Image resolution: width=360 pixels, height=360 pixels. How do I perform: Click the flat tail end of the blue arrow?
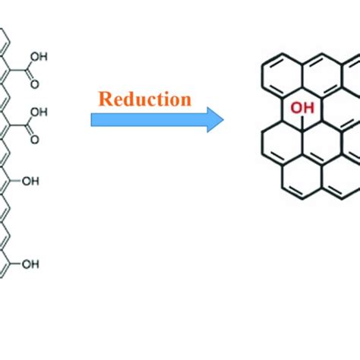coord(93,119)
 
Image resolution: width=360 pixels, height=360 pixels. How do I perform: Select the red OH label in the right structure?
coord(304,112)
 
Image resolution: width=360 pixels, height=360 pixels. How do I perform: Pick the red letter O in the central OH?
coord(298,112)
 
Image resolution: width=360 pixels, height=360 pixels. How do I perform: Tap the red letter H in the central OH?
coord(308,112)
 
